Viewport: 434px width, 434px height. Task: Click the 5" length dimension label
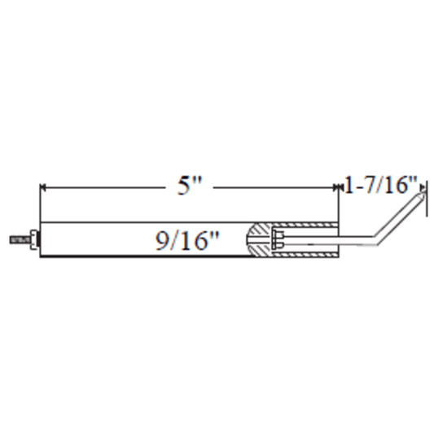(190, 185)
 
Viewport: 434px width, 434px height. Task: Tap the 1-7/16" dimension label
(381, 185)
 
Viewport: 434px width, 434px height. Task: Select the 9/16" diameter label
(187, 240)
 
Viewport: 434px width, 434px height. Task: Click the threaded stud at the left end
(20, 239)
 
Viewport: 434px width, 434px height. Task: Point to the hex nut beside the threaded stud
(33, 239)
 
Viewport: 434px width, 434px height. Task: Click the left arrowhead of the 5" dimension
(43, 187)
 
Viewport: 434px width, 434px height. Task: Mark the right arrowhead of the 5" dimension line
(335, 187)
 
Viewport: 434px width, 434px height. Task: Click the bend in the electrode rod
(376, 240)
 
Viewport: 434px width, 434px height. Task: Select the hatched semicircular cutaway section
(258, 239)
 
